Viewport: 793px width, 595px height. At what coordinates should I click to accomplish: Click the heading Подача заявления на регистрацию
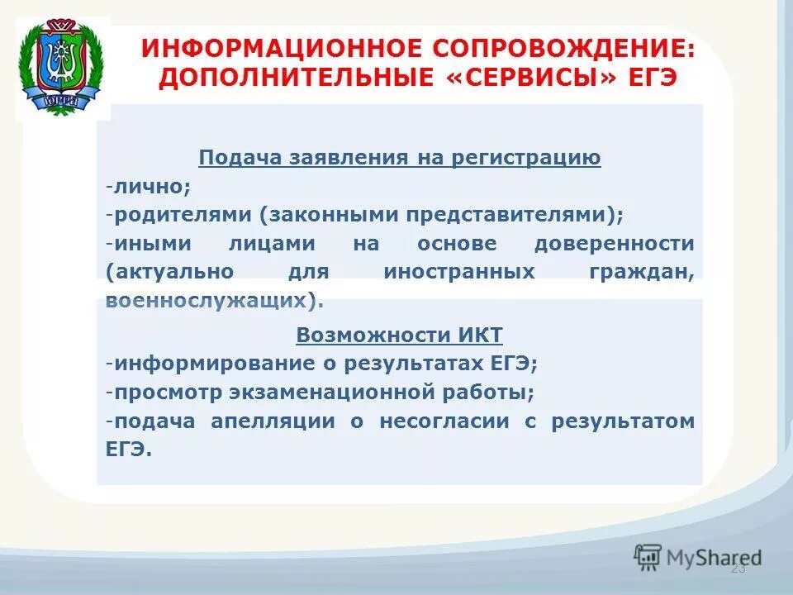point(400,158)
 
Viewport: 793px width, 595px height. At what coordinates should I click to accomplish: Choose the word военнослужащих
point(211,301)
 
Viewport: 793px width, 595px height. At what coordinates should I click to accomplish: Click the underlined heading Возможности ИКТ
point(400,335)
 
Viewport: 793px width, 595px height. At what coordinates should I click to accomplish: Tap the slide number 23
point(738,569)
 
